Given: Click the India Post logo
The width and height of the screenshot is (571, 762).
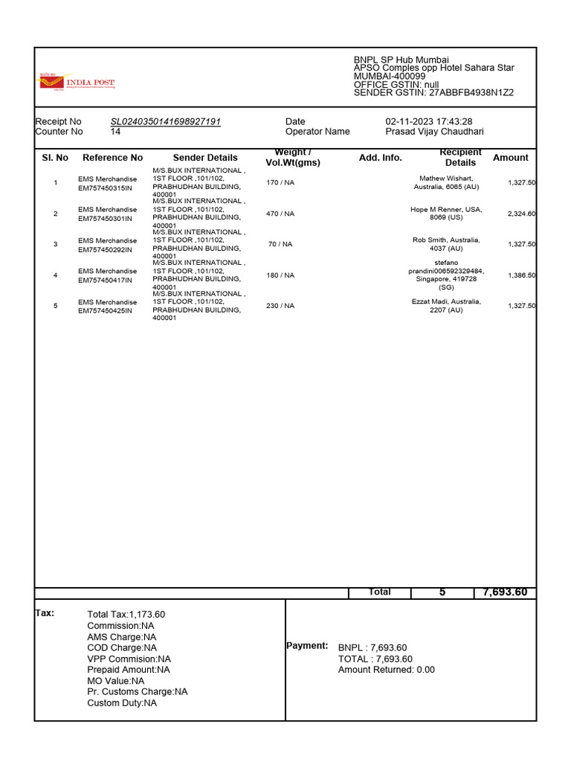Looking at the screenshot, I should coord(77,82).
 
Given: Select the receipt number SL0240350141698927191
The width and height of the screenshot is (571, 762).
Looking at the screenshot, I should coord(165,121).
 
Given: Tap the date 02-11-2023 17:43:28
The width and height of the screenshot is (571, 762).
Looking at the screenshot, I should coord(428,121).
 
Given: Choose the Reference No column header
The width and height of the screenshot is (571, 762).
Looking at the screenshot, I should coord(112,158).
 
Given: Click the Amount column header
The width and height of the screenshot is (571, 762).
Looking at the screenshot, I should coord(510,158).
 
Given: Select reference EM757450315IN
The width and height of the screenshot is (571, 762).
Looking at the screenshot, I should coord(105,188).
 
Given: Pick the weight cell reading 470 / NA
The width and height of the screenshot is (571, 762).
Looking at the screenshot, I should coord(280,214).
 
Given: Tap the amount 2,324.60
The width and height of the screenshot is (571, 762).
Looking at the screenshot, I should coord(521,214).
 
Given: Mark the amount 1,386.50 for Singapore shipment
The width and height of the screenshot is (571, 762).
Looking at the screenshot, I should coord(521,275).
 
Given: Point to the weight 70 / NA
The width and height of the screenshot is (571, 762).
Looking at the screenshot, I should coord(280,244).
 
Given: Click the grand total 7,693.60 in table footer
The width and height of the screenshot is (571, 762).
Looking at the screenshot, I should coord(504,592).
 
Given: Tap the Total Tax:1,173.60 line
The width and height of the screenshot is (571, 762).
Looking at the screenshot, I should coord(126,615).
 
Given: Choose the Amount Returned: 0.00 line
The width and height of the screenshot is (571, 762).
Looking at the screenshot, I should coord(386,670).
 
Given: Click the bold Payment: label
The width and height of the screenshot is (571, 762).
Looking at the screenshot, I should coord(307,646).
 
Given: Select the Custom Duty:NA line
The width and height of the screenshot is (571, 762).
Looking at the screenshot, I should coord(122,702).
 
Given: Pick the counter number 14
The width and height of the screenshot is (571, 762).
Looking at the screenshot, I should coord(115,132).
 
